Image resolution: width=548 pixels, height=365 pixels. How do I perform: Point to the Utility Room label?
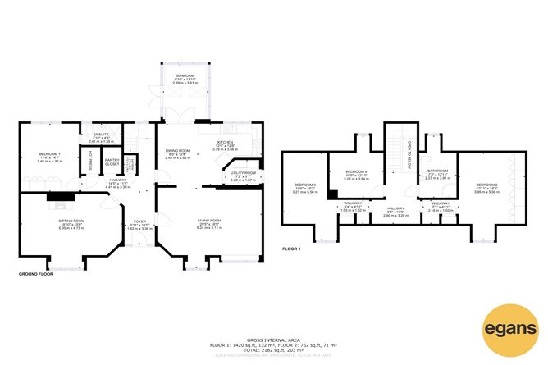(x=244, y=174)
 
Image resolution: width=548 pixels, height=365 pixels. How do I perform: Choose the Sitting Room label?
(x=71, y=221)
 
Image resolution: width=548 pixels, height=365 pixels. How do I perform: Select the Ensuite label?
(x=99, y=135)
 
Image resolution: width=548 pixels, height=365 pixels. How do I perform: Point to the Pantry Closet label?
(x=112, y=162)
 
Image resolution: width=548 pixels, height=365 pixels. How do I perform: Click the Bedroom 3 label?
(x=305, y=185)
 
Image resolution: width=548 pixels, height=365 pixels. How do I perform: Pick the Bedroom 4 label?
(x=354, y=171)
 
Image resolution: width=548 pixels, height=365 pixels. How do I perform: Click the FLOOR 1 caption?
(x=292, y=248)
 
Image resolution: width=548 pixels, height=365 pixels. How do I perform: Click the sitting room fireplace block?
(x=57, y=196)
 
